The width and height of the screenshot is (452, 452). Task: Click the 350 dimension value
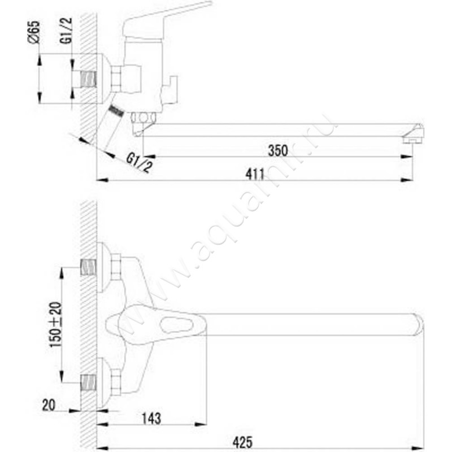click(278, 151)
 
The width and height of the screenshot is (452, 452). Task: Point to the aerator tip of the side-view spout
click(416, 135)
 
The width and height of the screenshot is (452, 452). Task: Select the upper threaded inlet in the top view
click(88, 267)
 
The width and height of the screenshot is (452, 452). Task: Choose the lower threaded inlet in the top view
click(88, 383)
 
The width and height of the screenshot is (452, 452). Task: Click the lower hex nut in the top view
click(116, 383)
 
